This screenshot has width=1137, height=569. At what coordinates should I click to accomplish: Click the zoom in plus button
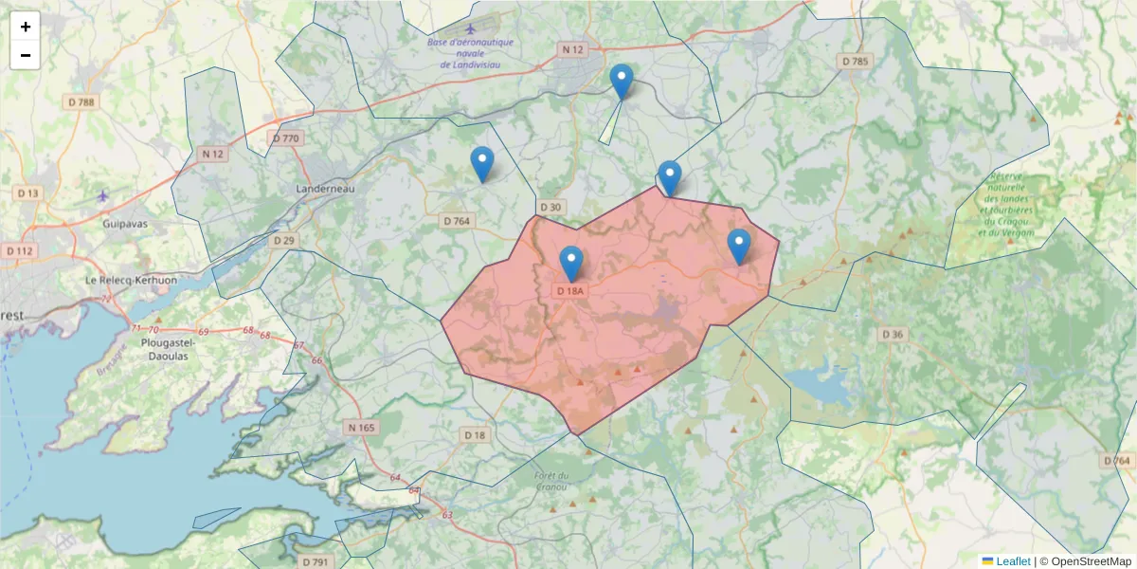coord(26,27)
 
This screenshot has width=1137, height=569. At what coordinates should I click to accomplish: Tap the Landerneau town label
coord(325,189)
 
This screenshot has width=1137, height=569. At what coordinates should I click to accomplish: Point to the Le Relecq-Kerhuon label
coord(132,281)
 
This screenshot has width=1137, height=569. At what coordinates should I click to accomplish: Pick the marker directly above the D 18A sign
coord(571,263)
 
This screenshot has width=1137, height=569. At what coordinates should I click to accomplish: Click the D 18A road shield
coord(570,290)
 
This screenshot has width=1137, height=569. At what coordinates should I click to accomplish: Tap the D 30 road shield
coord(550,207)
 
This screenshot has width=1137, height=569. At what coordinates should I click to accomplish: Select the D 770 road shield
coord(285,138)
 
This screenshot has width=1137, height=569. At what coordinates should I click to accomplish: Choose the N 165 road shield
coord(361,428)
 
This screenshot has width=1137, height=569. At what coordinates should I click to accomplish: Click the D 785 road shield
coord(855,61)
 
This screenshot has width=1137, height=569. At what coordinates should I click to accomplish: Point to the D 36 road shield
coord(893,334)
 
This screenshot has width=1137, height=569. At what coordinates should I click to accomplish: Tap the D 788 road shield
coord(81,101)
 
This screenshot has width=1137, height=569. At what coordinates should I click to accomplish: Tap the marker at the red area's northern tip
coord(670,177)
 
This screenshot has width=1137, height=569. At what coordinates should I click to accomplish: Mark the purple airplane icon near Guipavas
coord(103,196)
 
